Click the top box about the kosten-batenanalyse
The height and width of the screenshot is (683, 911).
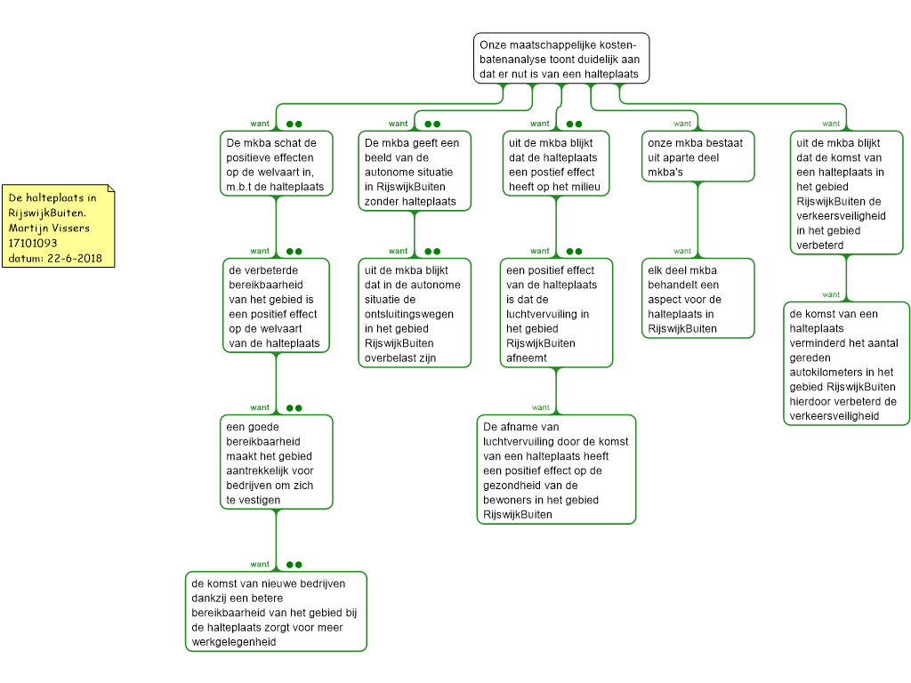(561, 58)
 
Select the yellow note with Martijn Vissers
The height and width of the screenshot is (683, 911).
(58, 226)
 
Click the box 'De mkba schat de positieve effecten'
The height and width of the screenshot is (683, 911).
(276, 164)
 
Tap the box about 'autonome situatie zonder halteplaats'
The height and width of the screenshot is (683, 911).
(415, 172)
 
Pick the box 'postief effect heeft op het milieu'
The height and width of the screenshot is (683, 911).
(555, 164)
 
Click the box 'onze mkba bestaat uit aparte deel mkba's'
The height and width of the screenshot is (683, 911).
(697, 157)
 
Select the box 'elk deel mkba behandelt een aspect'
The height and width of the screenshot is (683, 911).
(697, 299)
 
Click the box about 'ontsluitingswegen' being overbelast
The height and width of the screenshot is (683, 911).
(415, 313)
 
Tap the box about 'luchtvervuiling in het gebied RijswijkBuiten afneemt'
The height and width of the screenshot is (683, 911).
(556, 313)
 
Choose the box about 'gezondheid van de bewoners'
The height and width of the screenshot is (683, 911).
(556, 470)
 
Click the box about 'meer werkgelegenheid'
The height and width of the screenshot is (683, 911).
(276, 612)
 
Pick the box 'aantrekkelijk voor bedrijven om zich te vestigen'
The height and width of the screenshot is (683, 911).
(276, 462)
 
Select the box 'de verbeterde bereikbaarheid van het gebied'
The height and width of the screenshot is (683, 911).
(276, 306)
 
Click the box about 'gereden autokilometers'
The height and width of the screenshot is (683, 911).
(846, 364)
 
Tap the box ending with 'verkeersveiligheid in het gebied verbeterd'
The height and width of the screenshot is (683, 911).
(846, 193)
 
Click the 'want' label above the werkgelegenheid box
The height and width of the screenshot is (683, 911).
(260, 565)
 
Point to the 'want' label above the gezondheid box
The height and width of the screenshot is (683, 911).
(540, 407)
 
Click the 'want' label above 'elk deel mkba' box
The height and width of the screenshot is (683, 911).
(682, 252)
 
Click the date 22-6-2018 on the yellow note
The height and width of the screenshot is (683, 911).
(75, 259)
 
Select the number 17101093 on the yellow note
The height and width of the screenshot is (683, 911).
(33, 244)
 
